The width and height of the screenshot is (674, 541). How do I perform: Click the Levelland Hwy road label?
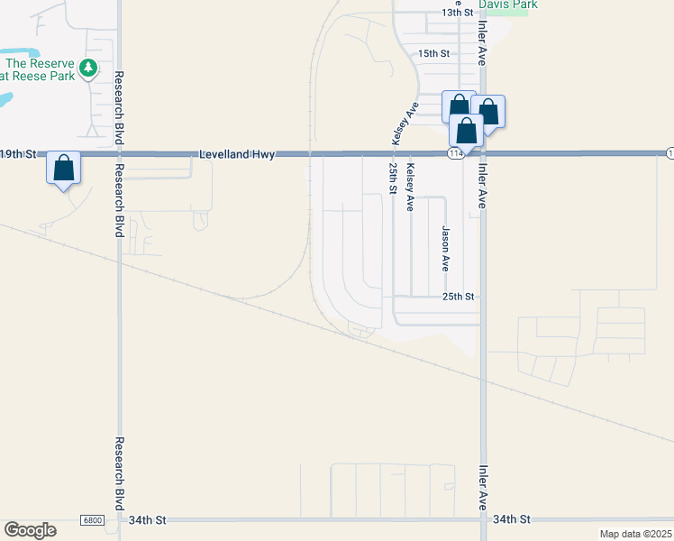237,154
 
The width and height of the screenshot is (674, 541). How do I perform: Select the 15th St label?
433,53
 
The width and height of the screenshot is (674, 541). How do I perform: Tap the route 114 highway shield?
456,154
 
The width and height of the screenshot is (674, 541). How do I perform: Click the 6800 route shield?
92,520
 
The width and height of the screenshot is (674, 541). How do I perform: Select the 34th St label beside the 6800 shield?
148,520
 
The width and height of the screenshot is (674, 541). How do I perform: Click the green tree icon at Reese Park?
87,68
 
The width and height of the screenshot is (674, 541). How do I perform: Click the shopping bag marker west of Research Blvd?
63,168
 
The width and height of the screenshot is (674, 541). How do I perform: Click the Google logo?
30,529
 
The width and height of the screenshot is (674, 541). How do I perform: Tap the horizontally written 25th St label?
458,297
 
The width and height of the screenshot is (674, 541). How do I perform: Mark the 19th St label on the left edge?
17,154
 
